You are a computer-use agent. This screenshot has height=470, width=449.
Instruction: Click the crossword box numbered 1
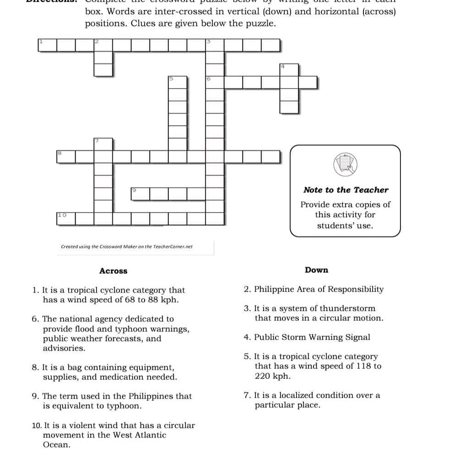[x=48, y=46]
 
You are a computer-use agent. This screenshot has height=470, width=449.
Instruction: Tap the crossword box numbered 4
[x=289, y=70]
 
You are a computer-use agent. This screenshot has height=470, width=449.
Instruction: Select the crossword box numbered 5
[x=177, y=82]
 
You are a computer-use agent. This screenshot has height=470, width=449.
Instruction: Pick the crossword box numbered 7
[x=103, y=144]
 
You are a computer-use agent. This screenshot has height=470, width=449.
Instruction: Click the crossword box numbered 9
[x=141, y=193]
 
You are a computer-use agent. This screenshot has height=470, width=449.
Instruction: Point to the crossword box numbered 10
[x=66, y=218]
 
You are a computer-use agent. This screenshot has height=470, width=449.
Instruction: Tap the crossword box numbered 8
[x=66, y=156]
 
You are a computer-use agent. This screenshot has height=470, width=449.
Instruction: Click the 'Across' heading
[x=113, y=271]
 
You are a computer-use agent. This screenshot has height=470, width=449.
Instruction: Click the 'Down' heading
[x=316, y=270]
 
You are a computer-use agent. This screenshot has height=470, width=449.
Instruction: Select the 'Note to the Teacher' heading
[x=346, y=190]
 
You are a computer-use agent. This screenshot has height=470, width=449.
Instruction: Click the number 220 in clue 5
[x=263, y=376]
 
